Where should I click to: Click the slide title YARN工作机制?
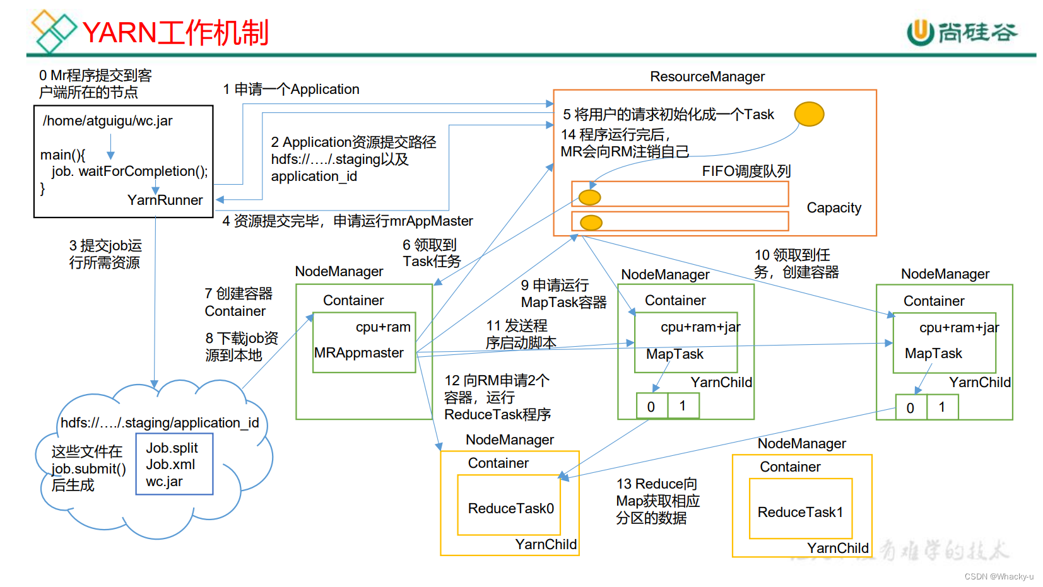click(x=175, y=33)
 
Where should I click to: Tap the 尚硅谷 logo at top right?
click(x=962, y=32)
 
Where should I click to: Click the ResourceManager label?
click(x=707, y=77)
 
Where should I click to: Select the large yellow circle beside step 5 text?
click(x=809, y=114)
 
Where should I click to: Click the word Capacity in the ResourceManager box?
click(x=834, y=208)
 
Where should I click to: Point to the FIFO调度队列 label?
click(x=746, y=171)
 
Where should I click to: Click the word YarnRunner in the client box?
click(x=165, y=201)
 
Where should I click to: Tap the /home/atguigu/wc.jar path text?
click(x=107, y=121)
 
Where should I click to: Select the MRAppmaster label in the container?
click(x=358, y=353)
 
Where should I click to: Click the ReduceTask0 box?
click(x=510, y=508)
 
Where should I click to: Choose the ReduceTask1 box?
click(x=800, y=512)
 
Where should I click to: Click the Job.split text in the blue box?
click(x=172, y=448)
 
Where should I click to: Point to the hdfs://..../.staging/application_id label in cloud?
click(x=160, y=423)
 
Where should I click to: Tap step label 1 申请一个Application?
click(x=291, y=90)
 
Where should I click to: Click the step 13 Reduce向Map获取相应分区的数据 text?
click(x=657, y=501)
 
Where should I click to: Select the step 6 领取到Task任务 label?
click(x=432, y=253)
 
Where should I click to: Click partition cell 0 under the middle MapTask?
click(x=651, y=407)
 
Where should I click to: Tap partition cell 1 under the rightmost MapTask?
click(x=941, y=407)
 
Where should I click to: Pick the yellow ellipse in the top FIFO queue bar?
click(x=590, y=197)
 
